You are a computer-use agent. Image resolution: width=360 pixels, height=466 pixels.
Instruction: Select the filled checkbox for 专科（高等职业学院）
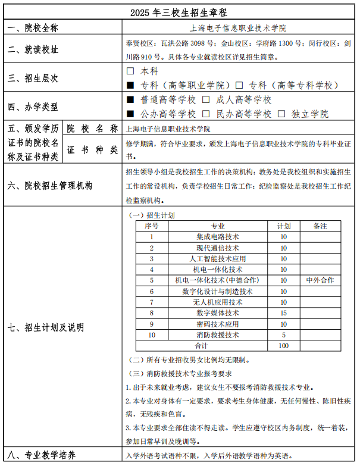click(x=130, y=85)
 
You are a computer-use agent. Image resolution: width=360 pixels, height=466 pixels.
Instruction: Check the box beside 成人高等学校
click(x=206, y=100)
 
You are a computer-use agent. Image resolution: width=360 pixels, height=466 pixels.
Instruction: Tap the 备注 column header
click(x=320, y=226)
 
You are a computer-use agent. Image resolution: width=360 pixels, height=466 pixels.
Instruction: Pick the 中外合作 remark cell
click(x=320, y=280)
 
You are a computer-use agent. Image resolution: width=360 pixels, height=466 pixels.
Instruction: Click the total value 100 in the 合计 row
click(x=283, y=345)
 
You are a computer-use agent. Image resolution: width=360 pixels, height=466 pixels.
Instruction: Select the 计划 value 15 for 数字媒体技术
click(x=283, y=313)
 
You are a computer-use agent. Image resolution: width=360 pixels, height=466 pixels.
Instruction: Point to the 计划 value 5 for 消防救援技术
click(x=283, y=334)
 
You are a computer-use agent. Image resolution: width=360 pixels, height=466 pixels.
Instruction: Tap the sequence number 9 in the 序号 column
click(x=152, y=324)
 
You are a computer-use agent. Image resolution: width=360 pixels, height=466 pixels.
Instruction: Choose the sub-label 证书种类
click(x=92, y=150)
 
